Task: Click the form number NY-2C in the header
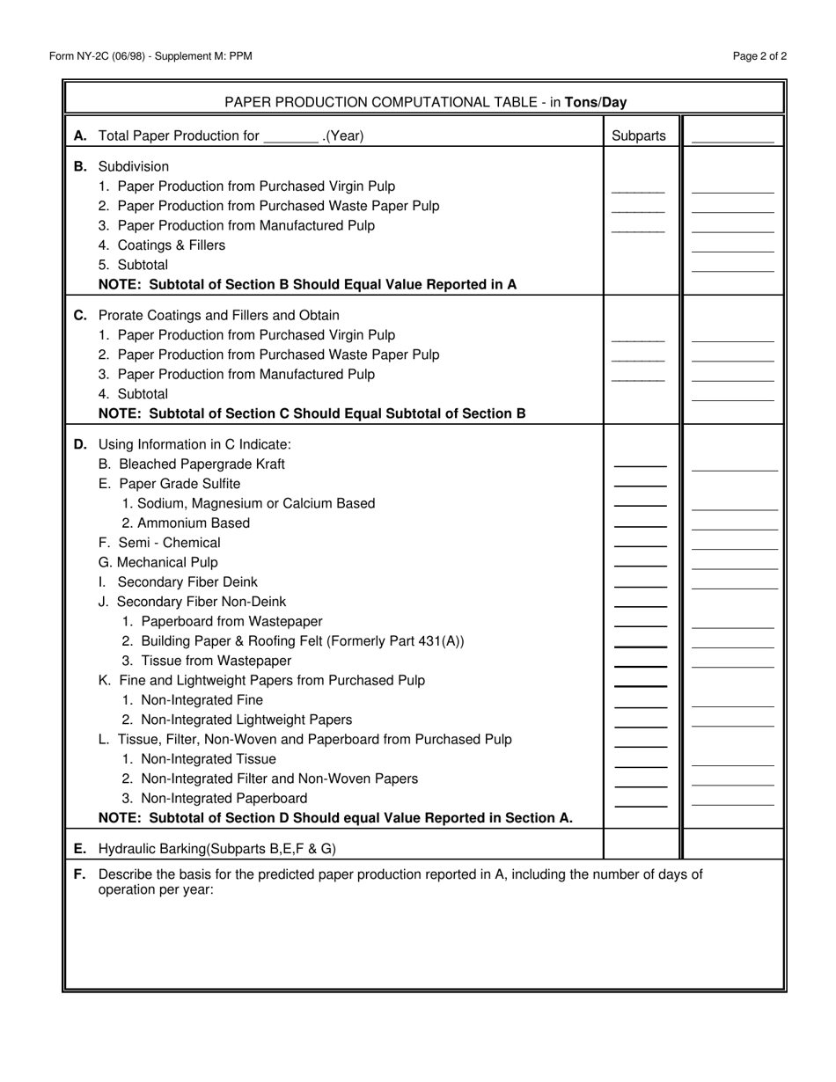pos(103,56)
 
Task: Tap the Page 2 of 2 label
pos(759,56)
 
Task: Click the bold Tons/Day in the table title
pos(596,102)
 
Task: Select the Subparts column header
pos(639,135)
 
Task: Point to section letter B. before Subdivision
pos(80,166)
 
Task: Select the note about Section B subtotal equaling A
pos(307,284)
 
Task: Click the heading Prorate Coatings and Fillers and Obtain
pos(219,315)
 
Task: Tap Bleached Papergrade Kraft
pos(192,464)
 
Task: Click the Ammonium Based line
pos(186,523)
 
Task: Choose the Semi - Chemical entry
pos(159,543)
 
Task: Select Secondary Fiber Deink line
pos(179,582)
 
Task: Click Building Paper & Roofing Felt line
pos(293,641)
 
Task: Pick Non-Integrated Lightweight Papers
pos(237,720)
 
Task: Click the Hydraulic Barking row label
pos(217,849)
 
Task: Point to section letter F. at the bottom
pos(80,874)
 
